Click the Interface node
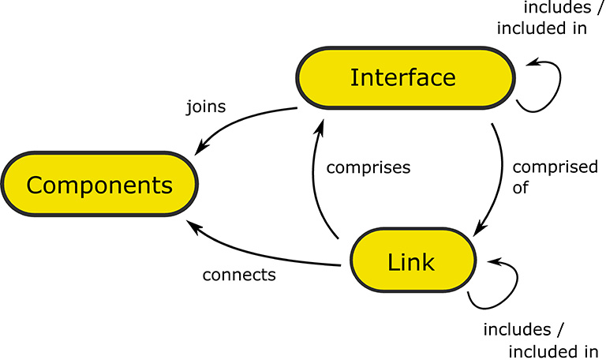(x=402, y=78)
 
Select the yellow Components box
(x=99, y=186)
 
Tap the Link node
(x=412, y=261)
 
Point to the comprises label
(x=368, y=167)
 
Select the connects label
(x=238, y=276)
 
